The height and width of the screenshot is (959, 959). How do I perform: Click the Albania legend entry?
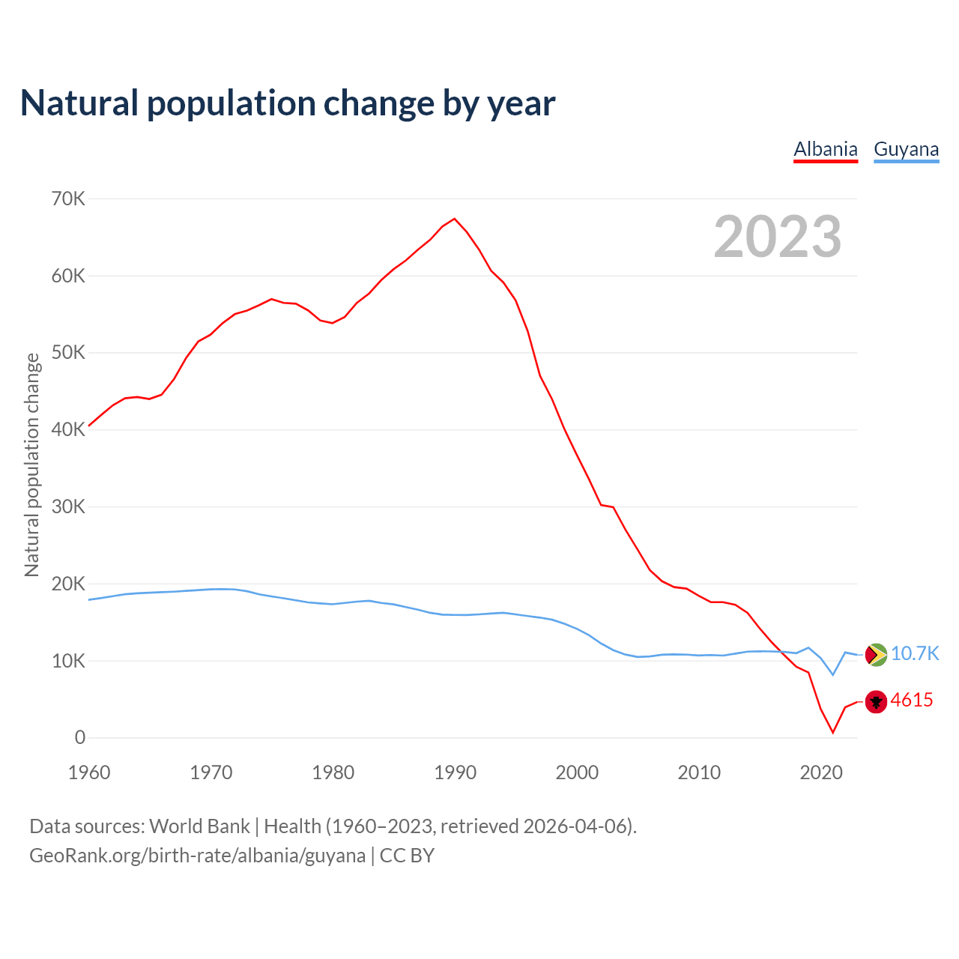click(826, 149)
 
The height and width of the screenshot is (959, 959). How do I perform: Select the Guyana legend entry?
click(906, 149)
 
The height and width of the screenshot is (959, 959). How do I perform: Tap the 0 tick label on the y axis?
click(80, 738)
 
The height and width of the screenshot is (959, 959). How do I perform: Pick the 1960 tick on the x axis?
click(89, 772)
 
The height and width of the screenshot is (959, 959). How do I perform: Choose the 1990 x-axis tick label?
click(456, 772)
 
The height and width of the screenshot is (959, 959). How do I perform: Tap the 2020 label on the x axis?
click(821, 772)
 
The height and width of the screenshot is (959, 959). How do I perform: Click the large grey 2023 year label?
click(778, 237)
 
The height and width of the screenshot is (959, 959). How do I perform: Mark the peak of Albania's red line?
click(455, 219)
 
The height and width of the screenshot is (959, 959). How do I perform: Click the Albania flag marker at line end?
click(876, 701)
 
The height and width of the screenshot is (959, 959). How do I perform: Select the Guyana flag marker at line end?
click(876, 655)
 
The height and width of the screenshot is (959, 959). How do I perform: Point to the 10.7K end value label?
click(915, 653)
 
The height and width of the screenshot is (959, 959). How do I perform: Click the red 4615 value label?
click(912, 701)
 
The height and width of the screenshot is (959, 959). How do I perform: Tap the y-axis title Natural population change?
click(31, 465)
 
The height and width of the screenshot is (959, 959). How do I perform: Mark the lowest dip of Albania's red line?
click(832, 732)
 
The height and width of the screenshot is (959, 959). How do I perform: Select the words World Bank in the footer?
click(199, 826)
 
